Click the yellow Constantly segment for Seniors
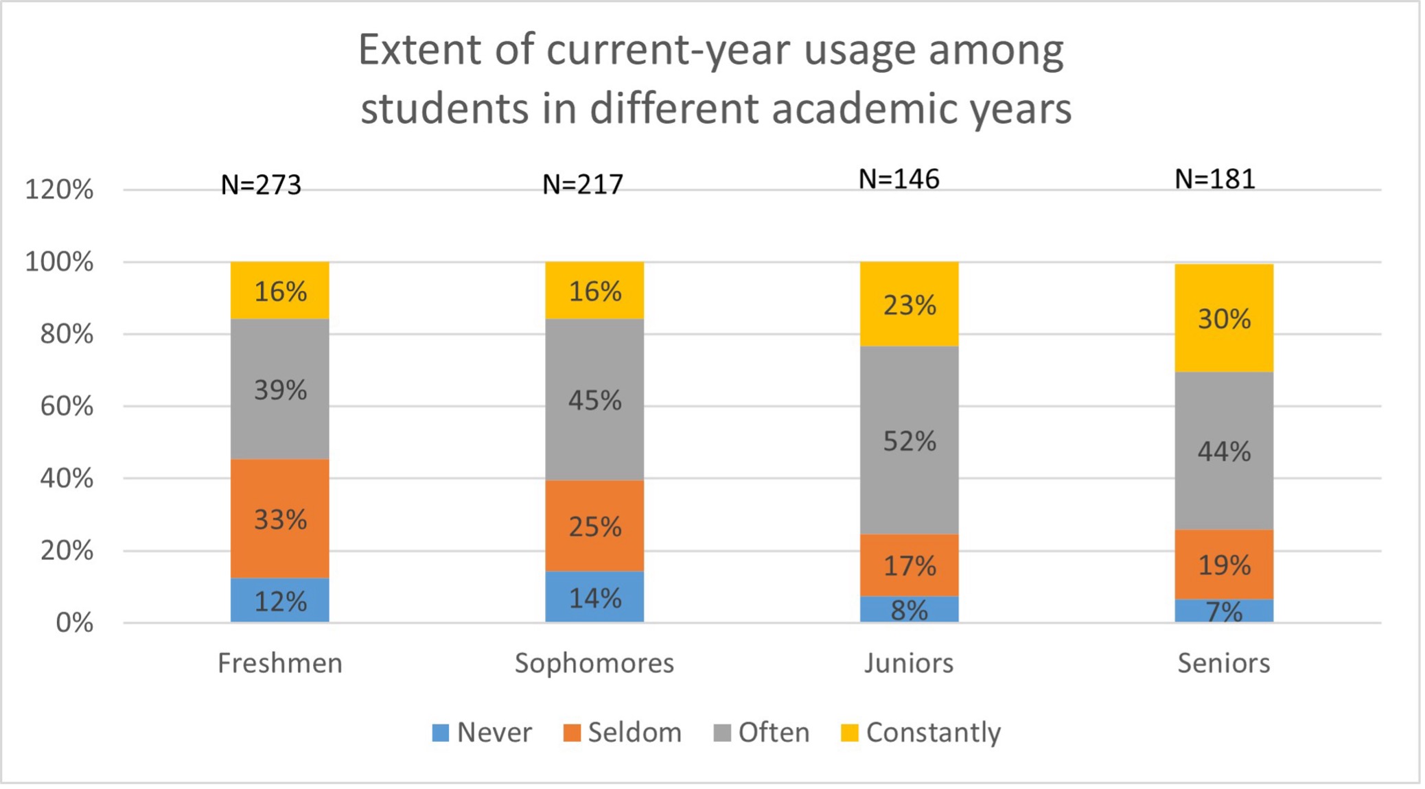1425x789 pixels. pos(1223,318)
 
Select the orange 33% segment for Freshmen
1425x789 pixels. pos(279,519)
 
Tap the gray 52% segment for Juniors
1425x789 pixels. pos(909,440)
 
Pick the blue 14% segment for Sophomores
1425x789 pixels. pos(594,597)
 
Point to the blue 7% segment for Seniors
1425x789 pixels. pos(1223,611)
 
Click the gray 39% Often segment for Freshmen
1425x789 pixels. pos(279,389)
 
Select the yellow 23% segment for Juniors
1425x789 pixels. pos(909,304)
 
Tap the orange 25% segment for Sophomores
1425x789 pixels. pos(594,526)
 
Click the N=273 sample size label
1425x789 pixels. pos(261,185)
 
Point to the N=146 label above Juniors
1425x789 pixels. pos(899,179)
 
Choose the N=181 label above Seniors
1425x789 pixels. pos(1214,179)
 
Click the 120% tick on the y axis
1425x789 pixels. pos(59,189)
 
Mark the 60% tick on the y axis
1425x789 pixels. pos(66,406)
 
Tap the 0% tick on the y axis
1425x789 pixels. pos(74,623)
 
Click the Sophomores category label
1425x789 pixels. pos(594,663)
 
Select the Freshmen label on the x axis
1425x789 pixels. pos(279,663)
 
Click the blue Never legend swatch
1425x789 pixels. pos(440,733)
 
